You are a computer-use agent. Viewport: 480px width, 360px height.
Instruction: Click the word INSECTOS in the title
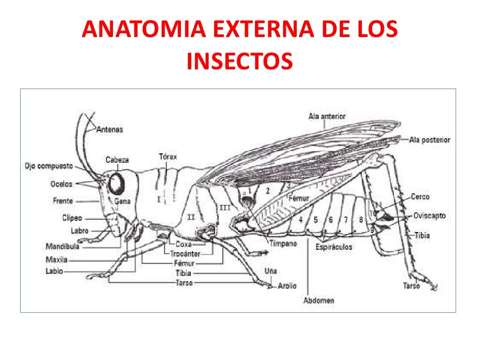[240, 61]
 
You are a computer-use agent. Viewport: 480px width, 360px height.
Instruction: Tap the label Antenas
[110, 129]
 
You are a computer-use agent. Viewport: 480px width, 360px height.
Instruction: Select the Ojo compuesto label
[49, 166]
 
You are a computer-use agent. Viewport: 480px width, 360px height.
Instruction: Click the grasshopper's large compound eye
[118, 183]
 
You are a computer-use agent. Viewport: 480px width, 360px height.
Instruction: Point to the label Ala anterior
[327, 116]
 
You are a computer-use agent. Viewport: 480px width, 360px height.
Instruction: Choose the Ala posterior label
[429, 140]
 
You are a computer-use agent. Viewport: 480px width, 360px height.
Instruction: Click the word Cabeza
[117, 159]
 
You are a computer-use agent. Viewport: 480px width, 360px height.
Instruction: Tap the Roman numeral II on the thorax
[191, 217]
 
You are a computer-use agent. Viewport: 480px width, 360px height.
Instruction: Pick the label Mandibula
[62, 246]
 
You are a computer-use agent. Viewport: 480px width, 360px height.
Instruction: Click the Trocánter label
[185, 254]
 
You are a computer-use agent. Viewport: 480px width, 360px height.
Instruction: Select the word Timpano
[283, 244]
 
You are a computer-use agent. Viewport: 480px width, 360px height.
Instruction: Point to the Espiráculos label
[334, 247]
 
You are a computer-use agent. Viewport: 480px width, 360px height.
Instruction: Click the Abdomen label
[319, 300]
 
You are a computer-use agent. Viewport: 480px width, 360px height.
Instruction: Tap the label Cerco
[420, 197]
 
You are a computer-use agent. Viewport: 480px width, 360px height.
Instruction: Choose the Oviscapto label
[429, 216]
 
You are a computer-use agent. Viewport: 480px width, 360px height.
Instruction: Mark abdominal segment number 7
[345, 219]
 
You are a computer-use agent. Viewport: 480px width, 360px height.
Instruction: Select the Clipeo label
[72, 218]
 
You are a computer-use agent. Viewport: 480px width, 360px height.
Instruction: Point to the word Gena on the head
[122, 201]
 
